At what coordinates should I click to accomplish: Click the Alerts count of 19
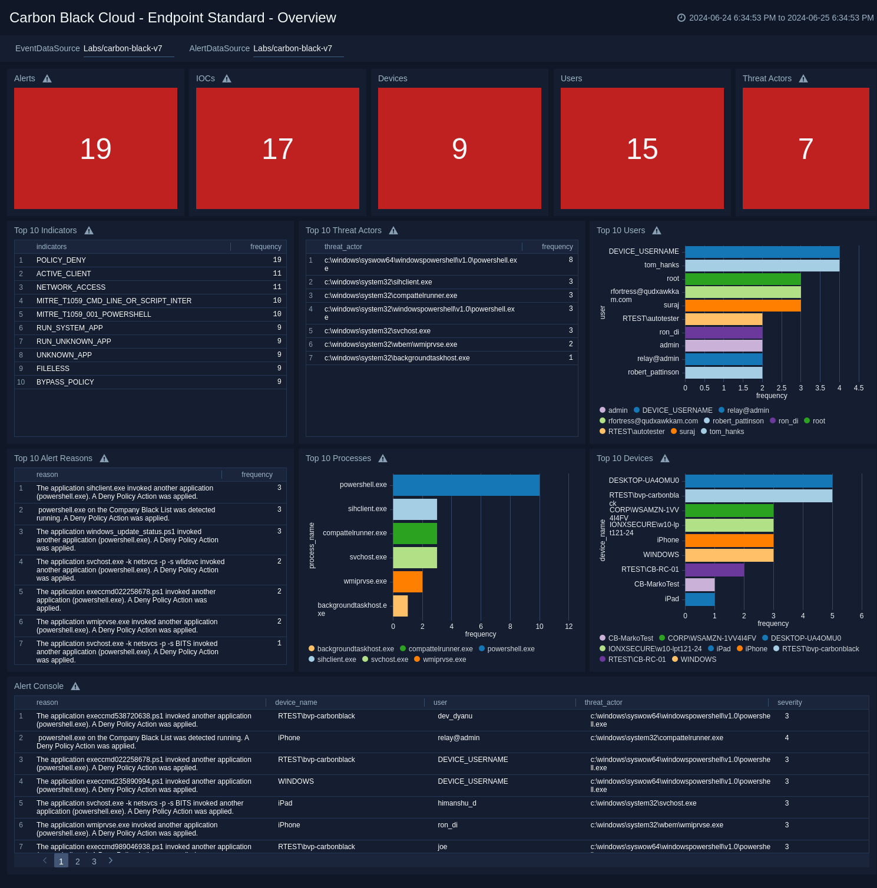[x=95, y=149]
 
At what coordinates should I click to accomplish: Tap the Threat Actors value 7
[x=805, y=149]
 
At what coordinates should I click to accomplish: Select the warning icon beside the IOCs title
[x=227, y=79]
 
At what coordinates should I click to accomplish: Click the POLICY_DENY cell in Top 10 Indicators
[x=61, y=260]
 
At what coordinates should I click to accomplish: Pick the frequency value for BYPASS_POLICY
[x=279, y=382]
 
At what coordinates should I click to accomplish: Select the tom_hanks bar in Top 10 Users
[x=762, y=266]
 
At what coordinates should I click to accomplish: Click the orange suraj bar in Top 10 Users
[x=742, y=306]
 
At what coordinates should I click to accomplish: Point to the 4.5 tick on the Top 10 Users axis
[x=858, y=388]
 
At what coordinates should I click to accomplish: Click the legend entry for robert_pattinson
[x=737, y=421]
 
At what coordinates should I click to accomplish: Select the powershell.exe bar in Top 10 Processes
[x=466, y=485]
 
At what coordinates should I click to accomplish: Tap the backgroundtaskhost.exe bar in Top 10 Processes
[x=400, y=606]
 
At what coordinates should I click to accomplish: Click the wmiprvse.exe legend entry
[x=444, y=660]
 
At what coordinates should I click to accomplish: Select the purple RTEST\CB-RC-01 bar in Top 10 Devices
[x=714, y=570]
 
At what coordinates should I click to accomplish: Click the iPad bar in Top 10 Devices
[x=699, y=599]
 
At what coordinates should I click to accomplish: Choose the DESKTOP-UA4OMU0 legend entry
[x=805, y=638]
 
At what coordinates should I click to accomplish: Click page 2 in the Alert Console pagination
[x=77, y=862]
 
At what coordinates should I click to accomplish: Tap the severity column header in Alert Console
[x=789, y=703]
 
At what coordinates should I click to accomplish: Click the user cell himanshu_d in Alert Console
[x=456, y=803]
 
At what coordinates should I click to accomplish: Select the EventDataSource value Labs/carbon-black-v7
[x=123, y=48]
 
